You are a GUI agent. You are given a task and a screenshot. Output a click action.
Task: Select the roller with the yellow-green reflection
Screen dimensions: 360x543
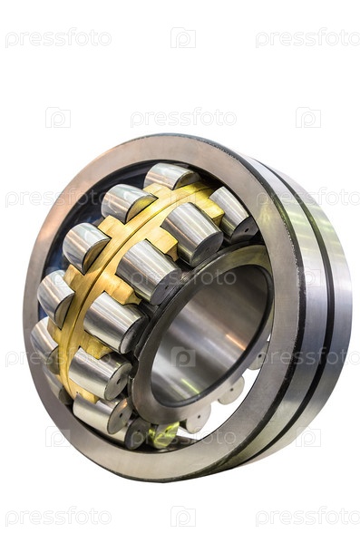(x=163, y=434)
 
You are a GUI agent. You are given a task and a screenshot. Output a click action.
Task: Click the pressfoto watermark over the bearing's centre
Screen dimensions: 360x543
(x=183, y=277)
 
